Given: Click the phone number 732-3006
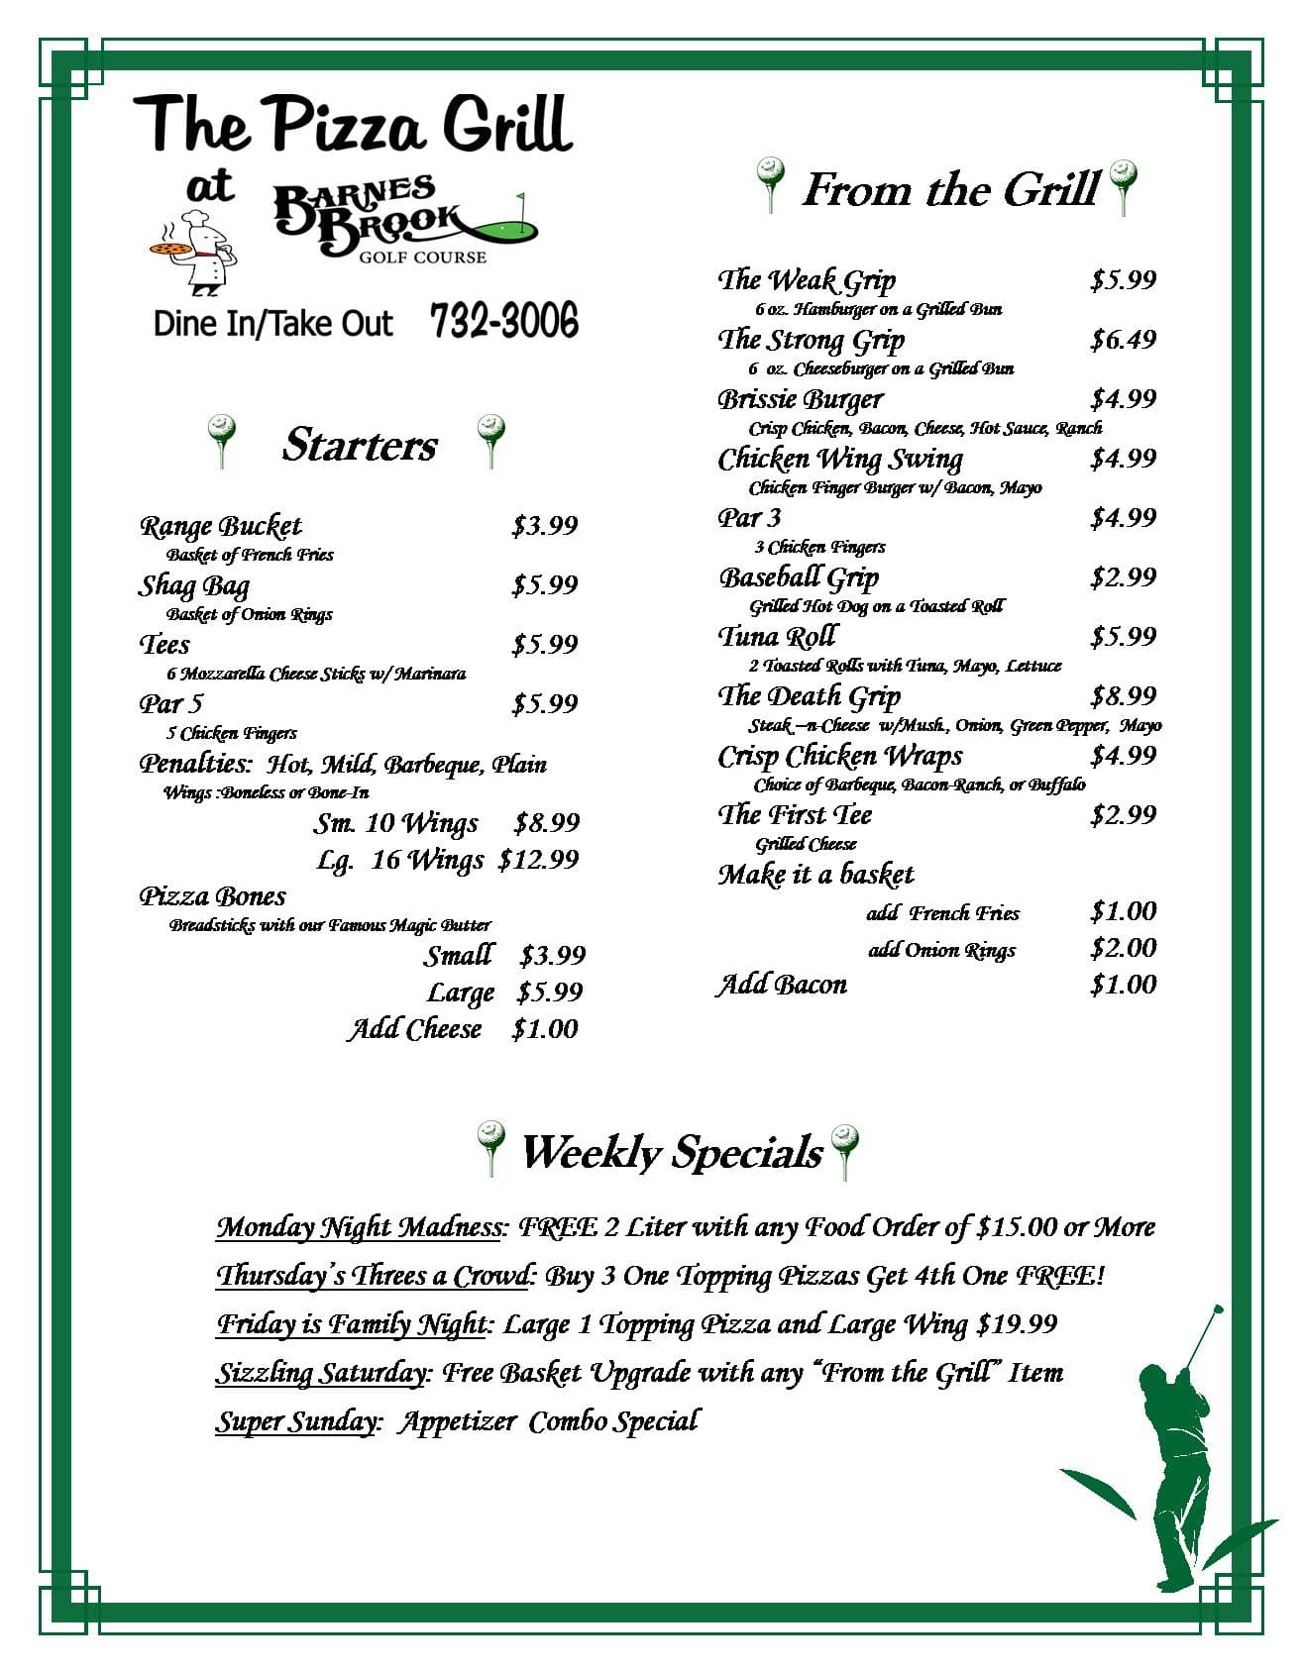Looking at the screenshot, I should point(504,321).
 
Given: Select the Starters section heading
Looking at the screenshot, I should point(359,445).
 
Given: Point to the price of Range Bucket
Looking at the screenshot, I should point(544,525).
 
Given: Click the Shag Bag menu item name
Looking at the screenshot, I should point(194,584).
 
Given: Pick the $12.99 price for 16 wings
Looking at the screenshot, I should point(538,859).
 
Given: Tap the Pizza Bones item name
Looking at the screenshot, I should point(212,896).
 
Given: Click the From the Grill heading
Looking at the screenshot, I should point(949,189).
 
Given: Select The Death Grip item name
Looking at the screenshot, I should point(809,696).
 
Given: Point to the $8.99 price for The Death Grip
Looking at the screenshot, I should point(1123,695).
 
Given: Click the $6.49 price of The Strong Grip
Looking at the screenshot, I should point(1123,339).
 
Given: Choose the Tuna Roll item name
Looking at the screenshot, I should point(777,636).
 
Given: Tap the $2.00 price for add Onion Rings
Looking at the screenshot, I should point(1123,948).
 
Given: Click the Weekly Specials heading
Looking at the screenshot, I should point(672,1152).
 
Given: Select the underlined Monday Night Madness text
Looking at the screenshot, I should point(359,1227).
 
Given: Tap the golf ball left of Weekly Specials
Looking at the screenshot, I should point(490,1145).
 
